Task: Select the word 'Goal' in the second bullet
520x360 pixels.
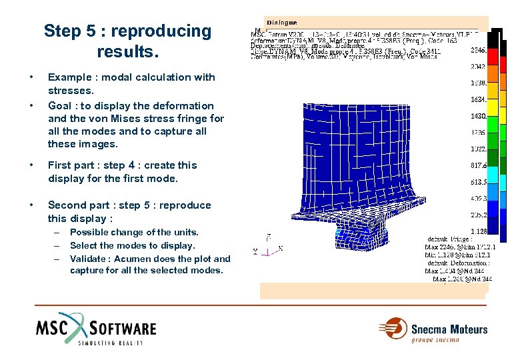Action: click(60, 106)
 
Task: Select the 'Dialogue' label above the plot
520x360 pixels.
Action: click(281, 22)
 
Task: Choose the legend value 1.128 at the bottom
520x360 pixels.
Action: click(477, 231)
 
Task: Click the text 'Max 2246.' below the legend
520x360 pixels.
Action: click(442, 247)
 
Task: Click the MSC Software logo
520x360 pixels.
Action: click(97, 328)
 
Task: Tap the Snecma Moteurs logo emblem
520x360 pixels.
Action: click(393, 330)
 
